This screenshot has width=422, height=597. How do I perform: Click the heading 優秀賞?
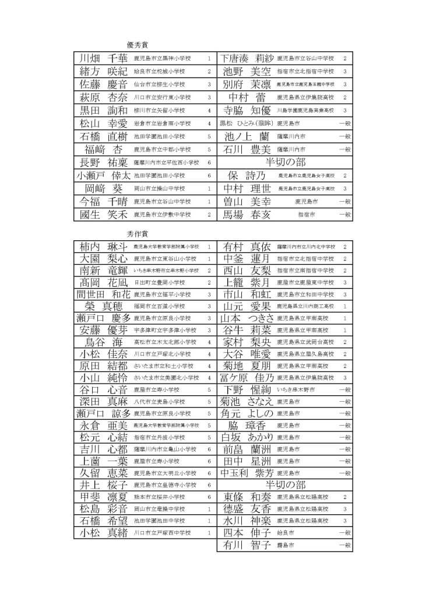138,44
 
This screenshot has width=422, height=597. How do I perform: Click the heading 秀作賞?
138,233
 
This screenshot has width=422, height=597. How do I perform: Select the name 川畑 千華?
103,58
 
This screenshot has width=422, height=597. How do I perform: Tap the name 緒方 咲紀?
103,71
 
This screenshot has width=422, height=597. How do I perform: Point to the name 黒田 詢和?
103,110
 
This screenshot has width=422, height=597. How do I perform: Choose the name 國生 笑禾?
103,215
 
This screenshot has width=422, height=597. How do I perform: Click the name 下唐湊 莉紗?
247,58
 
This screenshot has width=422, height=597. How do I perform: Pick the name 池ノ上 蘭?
247,136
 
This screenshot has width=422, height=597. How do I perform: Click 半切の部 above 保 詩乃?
285,162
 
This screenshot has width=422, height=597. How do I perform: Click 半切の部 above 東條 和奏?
285,484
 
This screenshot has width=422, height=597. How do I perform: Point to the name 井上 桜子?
103,484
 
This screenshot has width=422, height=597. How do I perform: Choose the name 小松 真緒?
103,532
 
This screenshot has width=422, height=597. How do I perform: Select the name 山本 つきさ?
247,318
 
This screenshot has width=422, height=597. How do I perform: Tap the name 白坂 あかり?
247,437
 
